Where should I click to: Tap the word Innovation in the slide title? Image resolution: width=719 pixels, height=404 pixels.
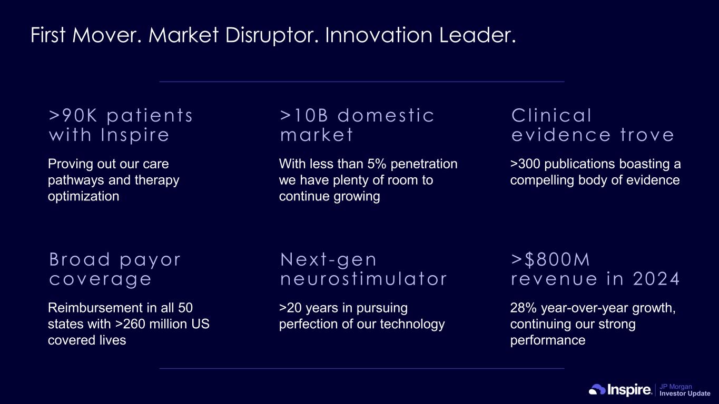coord(379,35)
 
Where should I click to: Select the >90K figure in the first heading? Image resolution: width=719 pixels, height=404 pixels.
coord(73,115)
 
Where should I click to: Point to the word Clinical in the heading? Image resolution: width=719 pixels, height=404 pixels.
coord(551,115)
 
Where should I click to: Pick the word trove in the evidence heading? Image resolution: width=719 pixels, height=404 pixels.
coord(647,135)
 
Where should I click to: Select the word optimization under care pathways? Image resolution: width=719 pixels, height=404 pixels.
coord(83,196)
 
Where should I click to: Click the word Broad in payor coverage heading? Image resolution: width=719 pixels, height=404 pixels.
coord(80,259)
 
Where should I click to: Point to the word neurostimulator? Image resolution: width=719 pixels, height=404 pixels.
coord(363,279)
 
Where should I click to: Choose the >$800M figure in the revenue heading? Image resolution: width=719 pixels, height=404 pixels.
coord(550,259)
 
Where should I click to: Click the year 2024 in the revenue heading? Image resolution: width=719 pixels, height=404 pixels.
coord(656,279)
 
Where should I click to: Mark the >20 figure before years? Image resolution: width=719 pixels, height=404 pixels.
coord(290,308)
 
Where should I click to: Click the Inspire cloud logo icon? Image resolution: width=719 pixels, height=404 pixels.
coord(597,390)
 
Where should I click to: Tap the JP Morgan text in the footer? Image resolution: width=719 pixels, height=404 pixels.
coord(676,387)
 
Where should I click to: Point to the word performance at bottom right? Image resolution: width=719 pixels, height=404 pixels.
coord(548,340)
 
